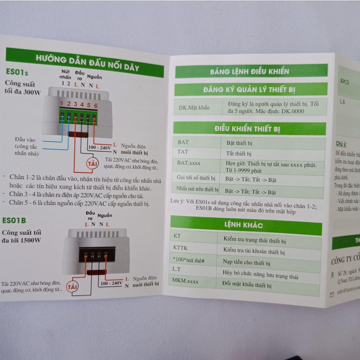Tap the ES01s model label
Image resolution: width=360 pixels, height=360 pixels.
17,72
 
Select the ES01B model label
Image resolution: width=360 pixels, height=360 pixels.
14,220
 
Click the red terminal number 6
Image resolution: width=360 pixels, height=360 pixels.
95,105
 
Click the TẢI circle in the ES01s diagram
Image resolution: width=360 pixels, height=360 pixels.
92,164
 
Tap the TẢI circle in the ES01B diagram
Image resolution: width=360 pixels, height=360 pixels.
73,287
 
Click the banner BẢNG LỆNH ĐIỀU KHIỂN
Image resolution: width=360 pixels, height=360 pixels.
250,72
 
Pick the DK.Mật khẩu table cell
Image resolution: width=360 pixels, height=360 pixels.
192,108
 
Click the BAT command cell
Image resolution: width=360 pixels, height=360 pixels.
183,142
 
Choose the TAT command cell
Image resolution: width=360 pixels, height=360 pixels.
183,152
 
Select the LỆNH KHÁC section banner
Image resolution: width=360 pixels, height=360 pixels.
243,225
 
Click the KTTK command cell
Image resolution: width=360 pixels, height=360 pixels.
180,248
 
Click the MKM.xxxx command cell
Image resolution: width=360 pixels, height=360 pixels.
185,282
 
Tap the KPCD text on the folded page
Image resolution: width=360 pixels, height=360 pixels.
345,82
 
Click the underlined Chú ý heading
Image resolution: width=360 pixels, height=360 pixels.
341,144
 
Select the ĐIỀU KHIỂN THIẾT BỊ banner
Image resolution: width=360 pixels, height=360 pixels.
247,129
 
